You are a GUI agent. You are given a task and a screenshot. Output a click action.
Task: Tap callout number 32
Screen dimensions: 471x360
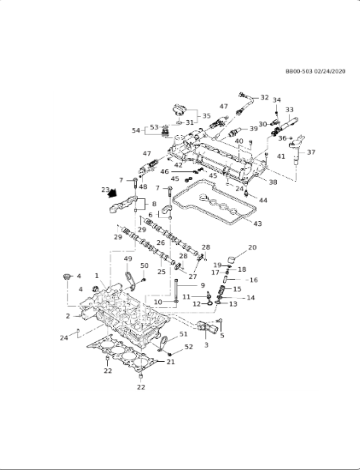(265, 98)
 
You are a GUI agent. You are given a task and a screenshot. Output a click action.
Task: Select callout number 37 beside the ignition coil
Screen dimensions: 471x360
(311, 152)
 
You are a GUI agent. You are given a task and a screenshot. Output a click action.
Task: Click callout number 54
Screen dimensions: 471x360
(136, 131)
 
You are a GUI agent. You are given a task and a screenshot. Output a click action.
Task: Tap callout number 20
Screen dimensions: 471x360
(252, 247)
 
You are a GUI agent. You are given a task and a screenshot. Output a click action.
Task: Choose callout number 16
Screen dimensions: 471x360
(253, 280)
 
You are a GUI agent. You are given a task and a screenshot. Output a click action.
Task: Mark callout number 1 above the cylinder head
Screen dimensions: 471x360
(96, 275)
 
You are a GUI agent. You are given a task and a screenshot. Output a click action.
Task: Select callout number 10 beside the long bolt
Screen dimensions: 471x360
(159, 301)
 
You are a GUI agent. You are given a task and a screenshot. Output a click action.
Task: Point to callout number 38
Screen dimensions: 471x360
(272, 181)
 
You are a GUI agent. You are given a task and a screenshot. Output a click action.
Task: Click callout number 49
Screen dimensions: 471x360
(129, 262)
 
